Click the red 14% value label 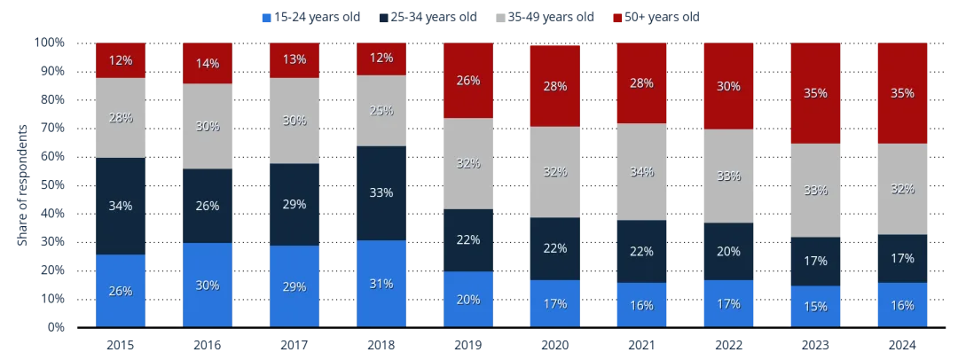pos(208,64)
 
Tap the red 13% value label pos(294,60)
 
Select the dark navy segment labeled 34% pos(121,206)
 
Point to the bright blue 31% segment pos(382,284)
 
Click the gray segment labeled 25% pos(382,111)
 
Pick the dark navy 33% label pos(382,192)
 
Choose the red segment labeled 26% pos(469,81)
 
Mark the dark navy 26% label pos(208,207)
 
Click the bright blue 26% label pos(121,291)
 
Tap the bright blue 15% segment pos(816,307)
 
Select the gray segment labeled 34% pos(643,171)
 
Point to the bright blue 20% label pos(469,300)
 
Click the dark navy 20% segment pos(729,251)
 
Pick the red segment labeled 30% pos(729,86)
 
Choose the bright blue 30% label pos(208,286)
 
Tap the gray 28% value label pos(121,119)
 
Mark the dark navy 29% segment pos(294,205)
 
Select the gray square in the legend pos(497,16)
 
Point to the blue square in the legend pos(263,16)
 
